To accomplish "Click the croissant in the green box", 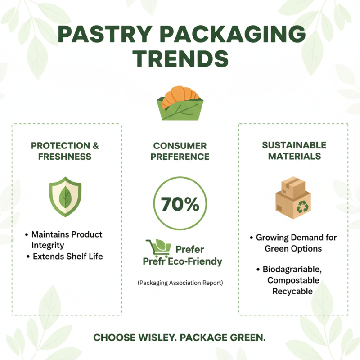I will pyautogui.click(x=180, y=95).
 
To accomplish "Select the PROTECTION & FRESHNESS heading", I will pyautogui.click(x=65, y=151).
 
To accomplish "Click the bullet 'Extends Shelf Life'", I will pyautogui.click(x=67, y=256).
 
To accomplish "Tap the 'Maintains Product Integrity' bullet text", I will pyautogui.click(x=67, y=240).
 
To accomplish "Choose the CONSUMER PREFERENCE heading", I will pyautogui.click(x=180, y=151).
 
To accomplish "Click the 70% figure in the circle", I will pyautogui.click(x=180, y=205).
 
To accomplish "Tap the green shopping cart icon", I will pyautogui.click(x=157, y=248).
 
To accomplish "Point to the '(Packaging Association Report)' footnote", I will pyautogui.click(x=180, y=283).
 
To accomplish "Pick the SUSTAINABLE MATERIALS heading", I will pyautogui.click(x=294, y=151).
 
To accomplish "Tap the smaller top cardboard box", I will pyautogui.click(x=293, y=185).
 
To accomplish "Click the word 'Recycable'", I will pyautogui.click(x=292, y=291).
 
